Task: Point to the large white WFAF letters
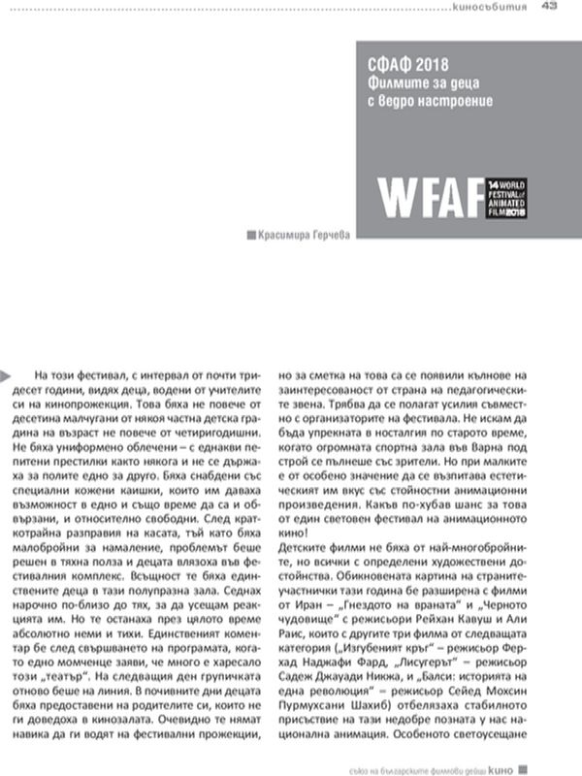431,198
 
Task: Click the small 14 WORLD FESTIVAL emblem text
505,197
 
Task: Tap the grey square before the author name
252,234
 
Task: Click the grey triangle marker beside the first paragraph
6,373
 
